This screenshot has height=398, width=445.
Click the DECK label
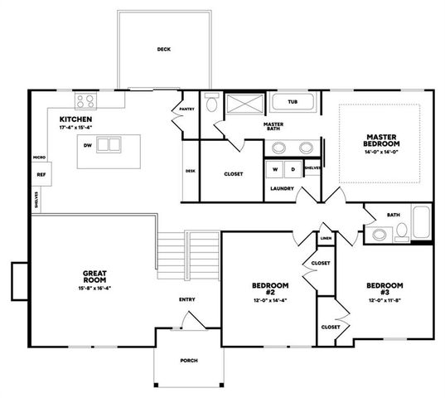(x=163, y=50)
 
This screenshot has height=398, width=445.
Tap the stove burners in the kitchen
(x=86, y=102)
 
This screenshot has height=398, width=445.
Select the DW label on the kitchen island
(x=86, y=145)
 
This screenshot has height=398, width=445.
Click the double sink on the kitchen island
(x=109, y=145)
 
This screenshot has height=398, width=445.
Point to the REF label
(x=41, y=175)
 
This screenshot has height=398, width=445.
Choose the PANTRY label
(x=186, y=108)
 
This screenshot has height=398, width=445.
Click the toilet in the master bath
(x=211, y=104)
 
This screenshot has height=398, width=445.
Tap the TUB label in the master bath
(x=293, y=103)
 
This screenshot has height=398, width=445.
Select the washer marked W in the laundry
(x=273, y=169)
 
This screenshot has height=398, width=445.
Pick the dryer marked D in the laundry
(x=292, y=169)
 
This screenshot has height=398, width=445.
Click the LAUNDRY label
(x=283, y=188)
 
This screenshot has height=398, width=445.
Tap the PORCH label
(x=189, y=361)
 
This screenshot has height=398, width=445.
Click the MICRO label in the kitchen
(x=39, y=156)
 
